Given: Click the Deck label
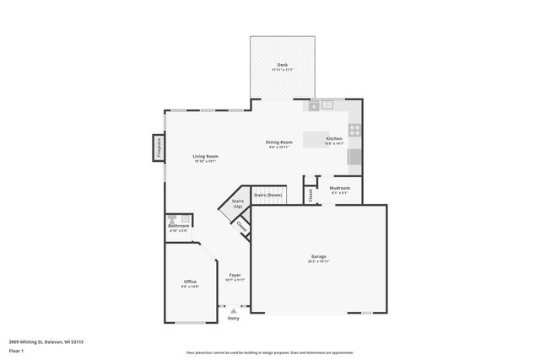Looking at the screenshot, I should coord(282,64).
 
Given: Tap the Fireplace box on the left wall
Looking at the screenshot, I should coord(158,148).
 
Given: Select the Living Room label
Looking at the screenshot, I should coord(206,156).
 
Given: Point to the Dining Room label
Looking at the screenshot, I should coord(279,142).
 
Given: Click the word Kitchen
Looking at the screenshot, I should coord(334,138).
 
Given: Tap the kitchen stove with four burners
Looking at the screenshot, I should coord(355,131).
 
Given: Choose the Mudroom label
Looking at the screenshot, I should coord(339,187).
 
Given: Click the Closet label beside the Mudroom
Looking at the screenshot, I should coord(310,194).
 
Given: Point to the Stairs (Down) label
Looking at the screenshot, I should coord(267,195).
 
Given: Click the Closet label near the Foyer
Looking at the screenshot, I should coord(241,226).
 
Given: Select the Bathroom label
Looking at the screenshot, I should coord(178,226).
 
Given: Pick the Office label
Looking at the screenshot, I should coord(190,282).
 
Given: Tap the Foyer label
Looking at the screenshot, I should coord(235,276).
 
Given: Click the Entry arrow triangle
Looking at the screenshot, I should coord(234,310).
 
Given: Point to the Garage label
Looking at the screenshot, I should coord(318,256).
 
